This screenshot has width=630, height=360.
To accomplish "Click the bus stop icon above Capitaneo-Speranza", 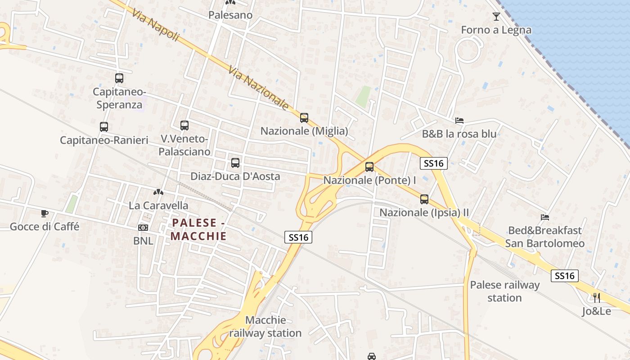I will [x=119, y=78].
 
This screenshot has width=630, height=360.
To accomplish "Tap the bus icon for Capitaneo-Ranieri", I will [x=104, y=127].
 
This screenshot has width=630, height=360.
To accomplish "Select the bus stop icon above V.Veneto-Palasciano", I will [x=184, y=126].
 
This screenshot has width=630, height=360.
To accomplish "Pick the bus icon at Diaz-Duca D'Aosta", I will [x=235, y=163].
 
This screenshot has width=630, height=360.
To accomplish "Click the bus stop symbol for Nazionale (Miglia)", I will [x=304, y=118].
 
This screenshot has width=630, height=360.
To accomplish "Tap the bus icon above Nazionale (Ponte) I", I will [x=369, y=167].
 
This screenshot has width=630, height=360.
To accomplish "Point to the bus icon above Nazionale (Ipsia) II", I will [x=424, y=199].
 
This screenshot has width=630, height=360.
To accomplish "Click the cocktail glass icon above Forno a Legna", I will [x=496, y=17].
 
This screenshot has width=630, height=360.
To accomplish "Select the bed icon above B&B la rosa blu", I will [x=459, y=121].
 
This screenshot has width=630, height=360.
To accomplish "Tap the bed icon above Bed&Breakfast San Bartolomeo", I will [x=545, y=217].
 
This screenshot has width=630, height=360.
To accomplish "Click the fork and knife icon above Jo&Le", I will [x=597, y=298].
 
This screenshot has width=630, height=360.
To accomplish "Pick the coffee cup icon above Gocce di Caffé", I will [x=44, y=213].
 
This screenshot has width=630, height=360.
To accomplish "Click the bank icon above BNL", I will [x=143, y=228].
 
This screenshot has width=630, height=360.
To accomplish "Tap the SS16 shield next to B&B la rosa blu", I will [x=434, y=163].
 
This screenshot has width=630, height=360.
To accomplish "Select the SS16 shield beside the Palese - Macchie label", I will [x=298, y=237].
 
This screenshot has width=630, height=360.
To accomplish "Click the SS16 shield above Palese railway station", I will [x=565, y=276].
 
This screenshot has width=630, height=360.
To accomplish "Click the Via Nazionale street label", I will [x=258, y=88].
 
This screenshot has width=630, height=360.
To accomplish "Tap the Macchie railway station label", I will [x=265, y=327].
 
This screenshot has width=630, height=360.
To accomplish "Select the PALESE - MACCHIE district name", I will [x=198, y=229].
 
